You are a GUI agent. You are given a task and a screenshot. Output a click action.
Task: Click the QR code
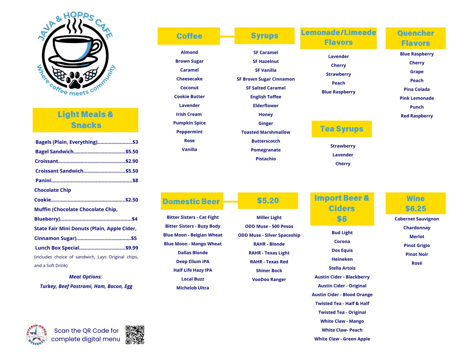point(135,335)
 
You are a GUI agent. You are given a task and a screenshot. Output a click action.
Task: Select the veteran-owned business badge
point(36,335)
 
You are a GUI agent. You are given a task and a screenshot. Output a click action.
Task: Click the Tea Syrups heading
point(342,129)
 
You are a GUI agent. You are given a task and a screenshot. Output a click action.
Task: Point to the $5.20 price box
point(268,201)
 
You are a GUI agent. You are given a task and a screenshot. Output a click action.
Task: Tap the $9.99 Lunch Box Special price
point(132,248)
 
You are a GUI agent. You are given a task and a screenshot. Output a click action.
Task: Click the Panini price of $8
point(135,181)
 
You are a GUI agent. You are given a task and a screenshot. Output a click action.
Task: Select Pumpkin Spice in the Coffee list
point(189,123)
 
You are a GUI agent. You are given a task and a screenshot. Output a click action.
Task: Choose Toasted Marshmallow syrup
point(266,132)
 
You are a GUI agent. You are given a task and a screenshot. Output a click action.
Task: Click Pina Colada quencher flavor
point(416,89)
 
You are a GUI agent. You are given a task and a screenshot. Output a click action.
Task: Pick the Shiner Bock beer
point(269,271)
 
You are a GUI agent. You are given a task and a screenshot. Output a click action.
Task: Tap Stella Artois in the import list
point(342,268)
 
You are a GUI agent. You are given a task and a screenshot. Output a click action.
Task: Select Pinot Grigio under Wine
point(416,246)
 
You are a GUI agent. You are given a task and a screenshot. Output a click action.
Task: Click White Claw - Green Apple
point(342,339)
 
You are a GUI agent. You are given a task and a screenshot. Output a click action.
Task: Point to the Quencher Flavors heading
point(415,38)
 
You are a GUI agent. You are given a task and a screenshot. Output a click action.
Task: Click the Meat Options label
point(86,277)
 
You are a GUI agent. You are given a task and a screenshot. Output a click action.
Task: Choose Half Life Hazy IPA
point(193,270)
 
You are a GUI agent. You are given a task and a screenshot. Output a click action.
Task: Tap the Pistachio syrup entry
point(266,159)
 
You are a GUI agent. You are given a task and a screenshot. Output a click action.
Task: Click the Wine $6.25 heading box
point(415,203)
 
